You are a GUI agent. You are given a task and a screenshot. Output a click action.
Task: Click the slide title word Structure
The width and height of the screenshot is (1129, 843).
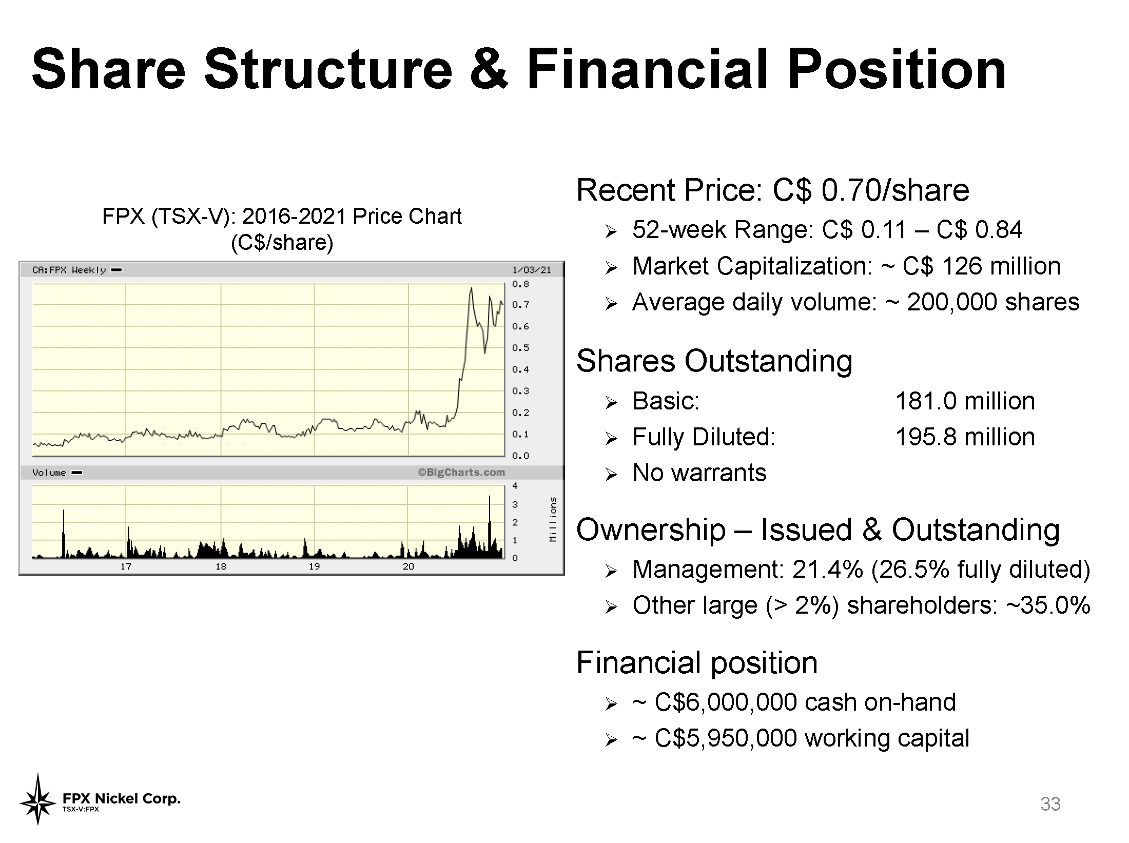[328, 69]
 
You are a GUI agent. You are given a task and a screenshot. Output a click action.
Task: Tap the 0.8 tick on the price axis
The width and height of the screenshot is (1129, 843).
[520, 284]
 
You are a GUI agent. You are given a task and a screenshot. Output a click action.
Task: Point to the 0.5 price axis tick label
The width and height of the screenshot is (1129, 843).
[520, 348]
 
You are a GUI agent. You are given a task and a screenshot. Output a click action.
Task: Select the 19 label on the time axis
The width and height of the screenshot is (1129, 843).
[314, 566]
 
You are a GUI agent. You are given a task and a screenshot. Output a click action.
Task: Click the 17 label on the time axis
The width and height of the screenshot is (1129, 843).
[126, 566]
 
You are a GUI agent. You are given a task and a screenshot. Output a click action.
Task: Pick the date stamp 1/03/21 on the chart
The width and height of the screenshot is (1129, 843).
[532, 270]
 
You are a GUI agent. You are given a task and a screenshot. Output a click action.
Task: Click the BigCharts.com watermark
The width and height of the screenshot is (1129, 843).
[461, 472]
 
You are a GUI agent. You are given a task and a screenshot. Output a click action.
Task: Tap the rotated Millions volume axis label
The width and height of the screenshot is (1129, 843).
[553, 519]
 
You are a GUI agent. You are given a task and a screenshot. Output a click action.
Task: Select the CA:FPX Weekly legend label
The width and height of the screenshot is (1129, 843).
[69, 270]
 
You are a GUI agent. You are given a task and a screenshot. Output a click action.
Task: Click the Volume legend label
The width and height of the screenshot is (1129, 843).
[49, 473]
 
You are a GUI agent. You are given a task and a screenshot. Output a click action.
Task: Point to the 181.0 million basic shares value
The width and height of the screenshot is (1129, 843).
[965, 401]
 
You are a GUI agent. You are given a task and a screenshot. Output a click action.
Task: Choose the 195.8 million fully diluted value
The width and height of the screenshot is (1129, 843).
[965, 437]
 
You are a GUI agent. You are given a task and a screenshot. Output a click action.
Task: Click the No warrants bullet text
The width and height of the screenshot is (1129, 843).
[699, 473]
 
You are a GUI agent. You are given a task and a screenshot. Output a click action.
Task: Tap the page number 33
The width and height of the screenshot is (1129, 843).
[1050, 803]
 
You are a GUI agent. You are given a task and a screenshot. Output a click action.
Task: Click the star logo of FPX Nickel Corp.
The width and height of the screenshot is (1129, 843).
[37, 799]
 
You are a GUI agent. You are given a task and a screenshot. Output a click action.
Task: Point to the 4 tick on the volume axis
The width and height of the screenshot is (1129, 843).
[515, 486]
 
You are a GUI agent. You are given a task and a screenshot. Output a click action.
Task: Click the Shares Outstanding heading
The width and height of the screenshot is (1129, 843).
[714, 361]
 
